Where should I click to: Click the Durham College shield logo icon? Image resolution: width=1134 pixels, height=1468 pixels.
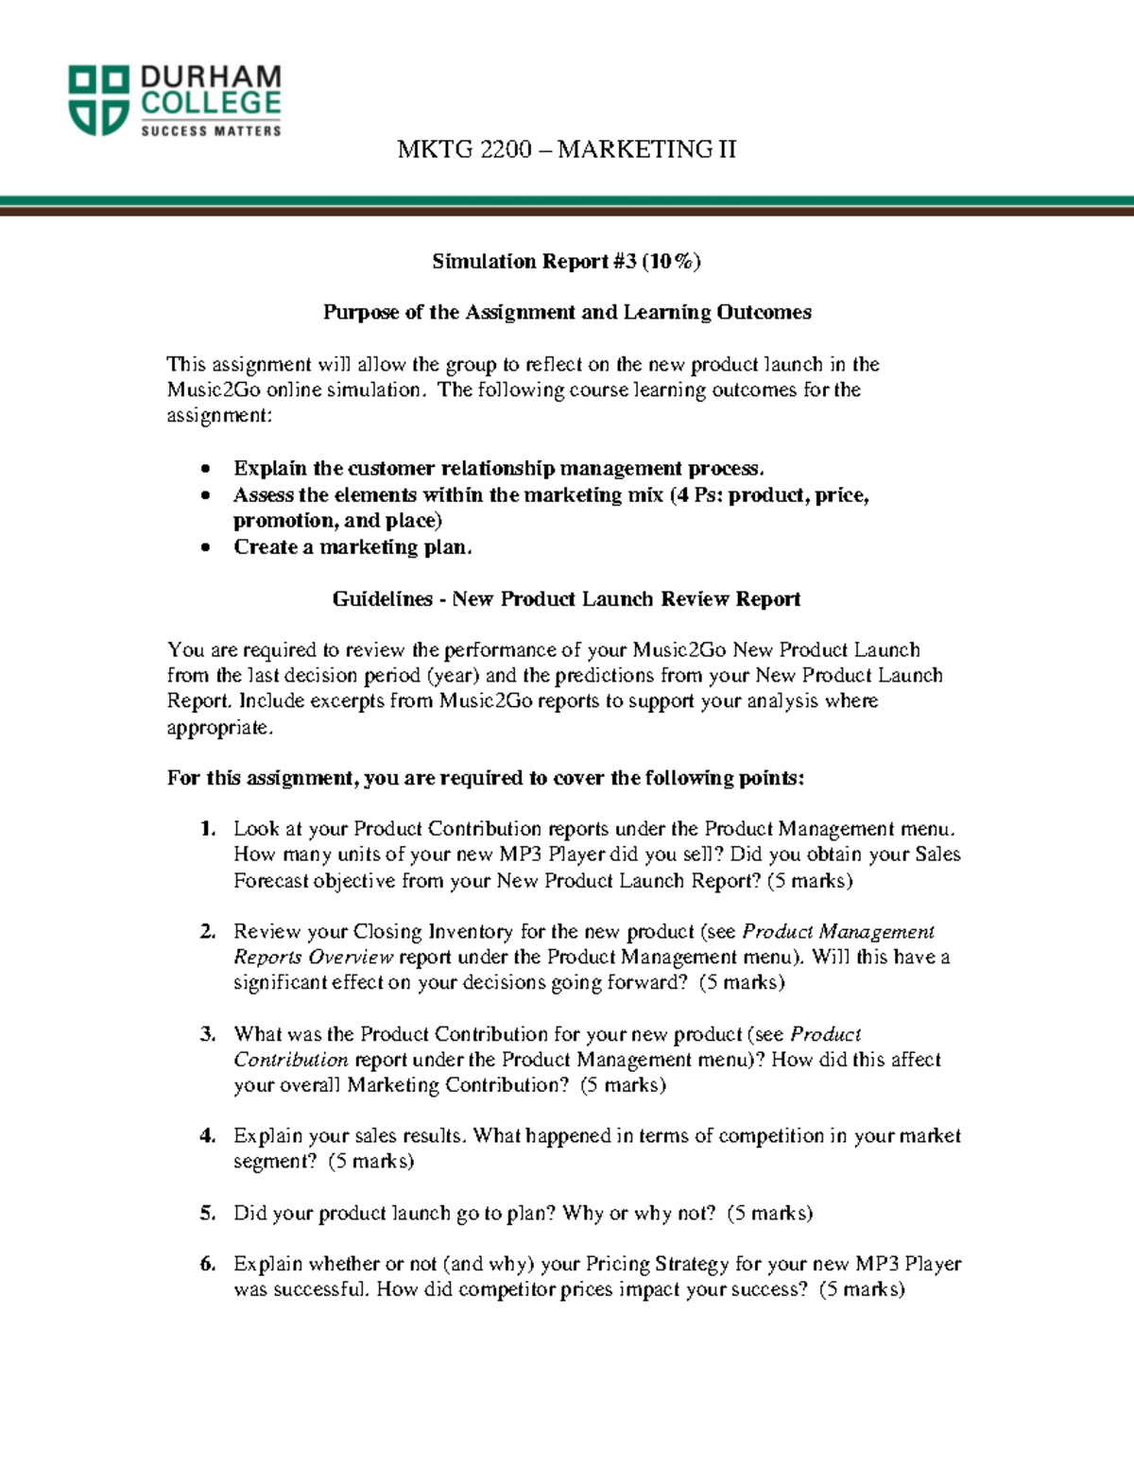point(98,100)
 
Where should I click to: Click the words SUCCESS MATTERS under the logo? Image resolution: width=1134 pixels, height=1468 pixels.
point(211,131)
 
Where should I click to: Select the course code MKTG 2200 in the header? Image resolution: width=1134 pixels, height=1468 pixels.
point(464,149)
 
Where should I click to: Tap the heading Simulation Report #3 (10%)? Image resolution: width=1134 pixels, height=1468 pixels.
point(566,262)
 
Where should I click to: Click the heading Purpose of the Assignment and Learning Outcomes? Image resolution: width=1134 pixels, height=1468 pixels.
point(567,313)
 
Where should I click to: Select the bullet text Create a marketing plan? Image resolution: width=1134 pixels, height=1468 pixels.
point(352,547)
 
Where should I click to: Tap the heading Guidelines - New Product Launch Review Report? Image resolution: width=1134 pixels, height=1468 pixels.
point(566,599)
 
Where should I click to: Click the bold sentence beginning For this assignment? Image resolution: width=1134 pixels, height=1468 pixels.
point(486,778)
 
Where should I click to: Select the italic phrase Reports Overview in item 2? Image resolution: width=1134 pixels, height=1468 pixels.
point(313,957)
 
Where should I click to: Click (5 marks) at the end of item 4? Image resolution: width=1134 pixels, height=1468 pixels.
point(371,1162)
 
